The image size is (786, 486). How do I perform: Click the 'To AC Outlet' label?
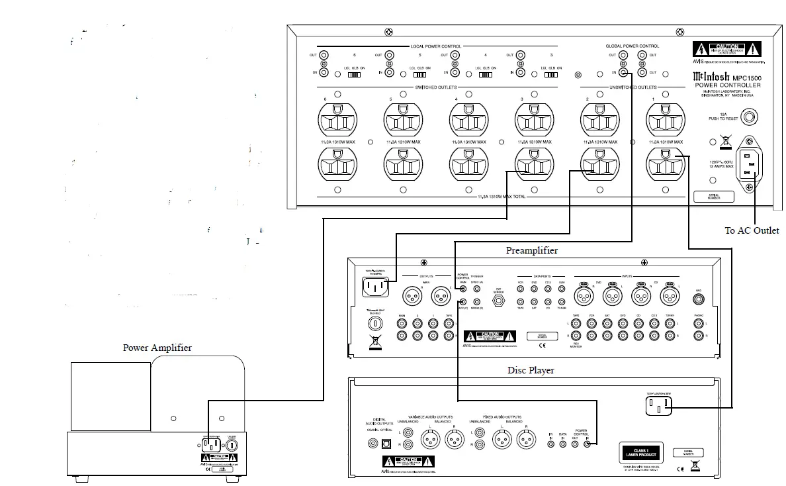point(751,230)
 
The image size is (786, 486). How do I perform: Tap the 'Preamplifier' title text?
point(532,250)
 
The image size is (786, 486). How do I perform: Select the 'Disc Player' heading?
point(531,370)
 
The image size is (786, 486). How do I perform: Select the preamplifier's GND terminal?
point(698,299)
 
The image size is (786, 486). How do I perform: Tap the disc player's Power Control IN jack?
point(588,444)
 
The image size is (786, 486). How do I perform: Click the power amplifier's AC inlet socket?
point(211,446)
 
